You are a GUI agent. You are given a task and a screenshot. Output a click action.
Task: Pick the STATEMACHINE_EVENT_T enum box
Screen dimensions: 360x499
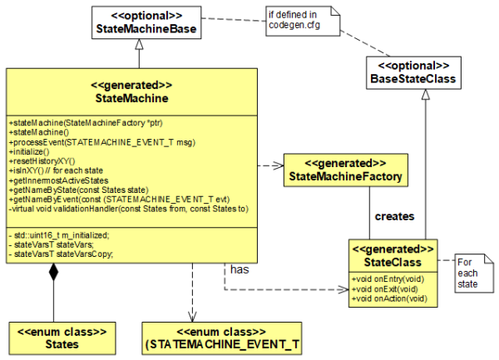click(x=210, y=338)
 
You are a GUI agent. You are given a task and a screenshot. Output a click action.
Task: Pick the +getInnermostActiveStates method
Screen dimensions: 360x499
click(x=58, y=180)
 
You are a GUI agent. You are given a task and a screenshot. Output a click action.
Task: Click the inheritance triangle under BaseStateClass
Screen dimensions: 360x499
click(x=424, y=96)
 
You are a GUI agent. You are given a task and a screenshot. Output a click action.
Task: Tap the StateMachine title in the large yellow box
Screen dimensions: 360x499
click(x=132, y=98)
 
